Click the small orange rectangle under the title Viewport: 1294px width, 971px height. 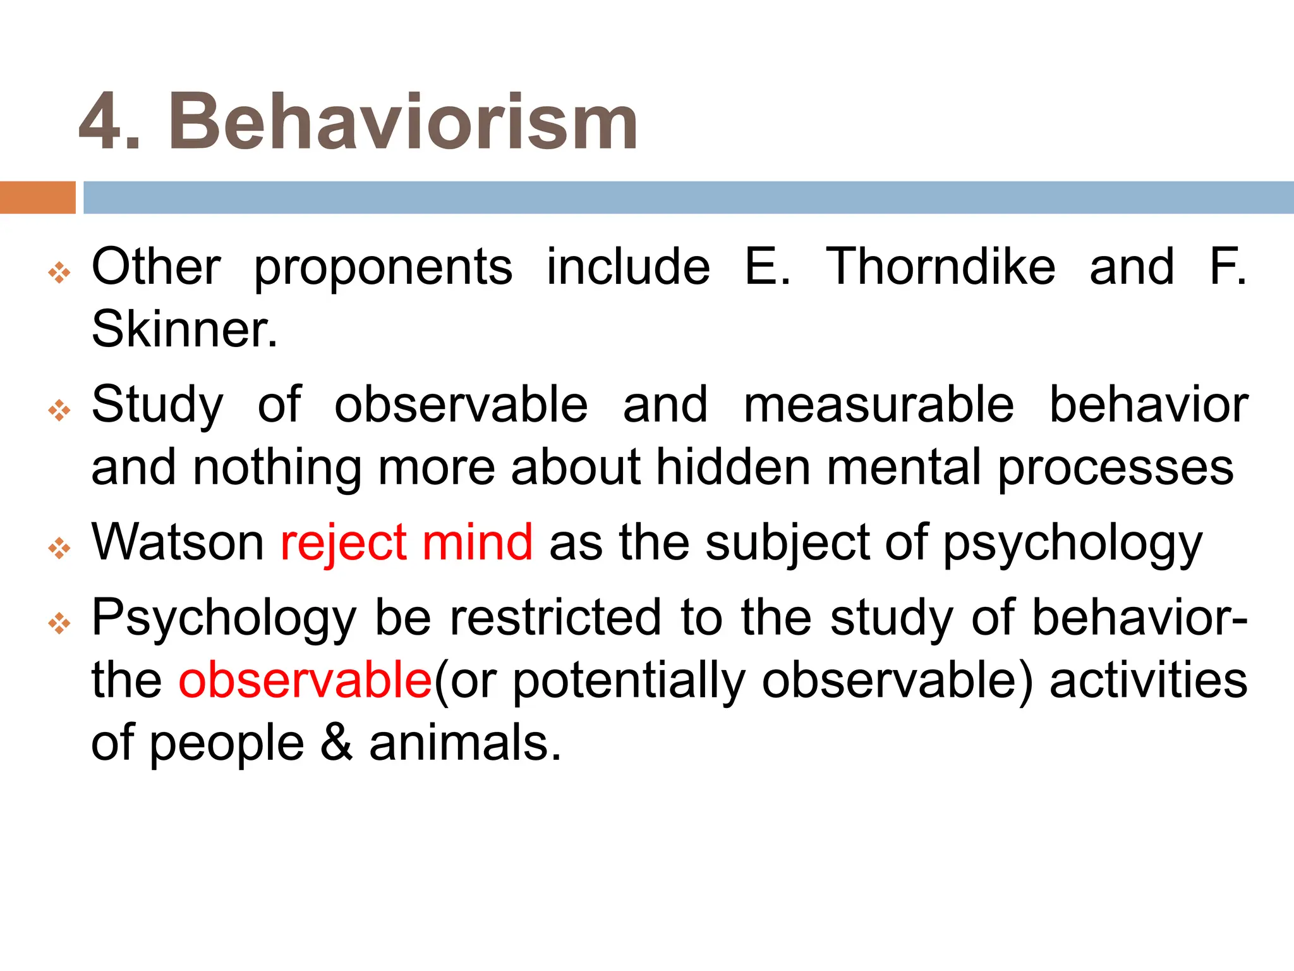[x=37, y=197]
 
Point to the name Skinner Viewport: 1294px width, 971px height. [x=184, y=329]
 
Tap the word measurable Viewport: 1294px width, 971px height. [x=878, y=405]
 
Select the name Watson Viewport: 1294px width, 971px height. [x=178, y=542]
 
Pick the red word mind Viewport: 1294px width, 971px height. [x=478, y=542]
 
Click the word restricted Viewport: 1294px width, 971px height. [x=555, y=617]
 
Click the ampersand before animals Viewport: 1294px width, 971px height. [x=336, y=743]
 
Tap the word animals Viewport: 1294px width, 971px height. [x=464, y=743]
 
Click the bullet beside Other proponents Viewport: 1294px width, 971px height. [x=59, y=273]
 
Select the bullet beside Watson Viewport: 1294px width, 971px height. [x=59, y=548]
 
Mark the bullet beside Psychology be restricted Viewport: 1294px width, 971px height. [x=59, y=623]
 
